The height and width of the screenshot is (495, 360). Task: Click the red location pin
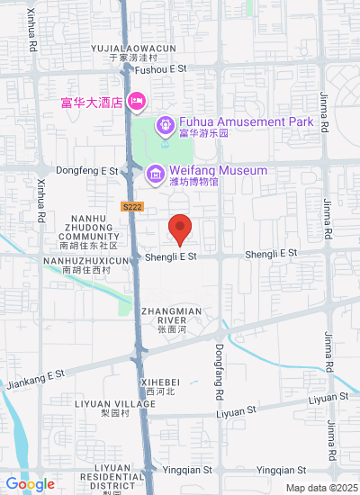[x=180, y=229]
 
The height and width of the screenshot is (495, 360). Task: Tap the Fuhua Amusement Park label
[x=245, y=122]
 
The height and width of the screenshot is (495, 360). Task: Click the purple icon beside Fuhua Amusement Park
[x=166, y=123]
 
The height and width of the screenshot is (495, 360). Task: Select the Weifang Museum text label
[x=219, y=170]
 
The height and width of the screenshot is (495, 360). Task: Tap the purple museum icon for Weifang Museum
[x=155, y=172]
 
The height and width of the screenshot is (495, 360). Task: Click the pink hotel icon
[x=137, y=99]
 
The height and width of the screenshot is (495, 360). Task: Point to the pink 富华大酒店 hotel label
[x=91, y=101]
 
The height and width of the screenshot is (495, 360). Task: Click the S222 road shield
[x=131, y=206]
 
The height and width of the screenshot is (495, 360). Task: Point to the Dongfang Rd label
[x=219, y=375]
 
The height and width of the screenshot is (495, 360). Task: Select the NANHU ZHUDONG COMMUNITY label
[x=88, y=230]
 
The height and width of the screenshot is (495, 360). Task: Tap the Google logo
[x=30, y=484]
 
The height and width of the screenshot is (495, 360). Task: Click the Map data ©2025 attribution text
[x=321, y=488]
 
